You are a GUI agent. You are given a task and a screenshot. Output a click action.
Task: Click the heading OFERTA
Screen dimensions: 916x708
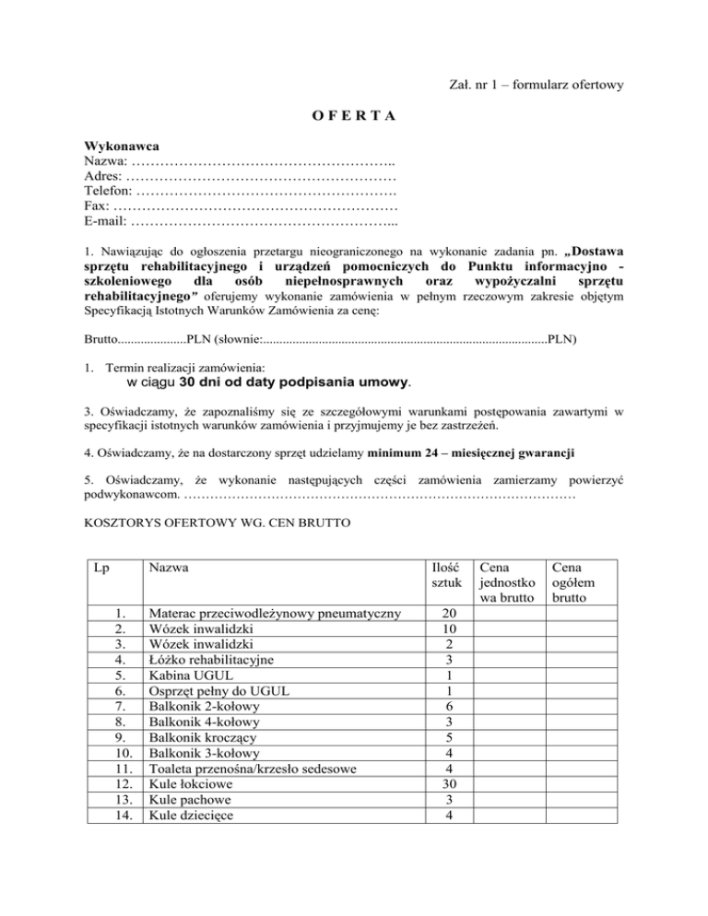pos(353,116)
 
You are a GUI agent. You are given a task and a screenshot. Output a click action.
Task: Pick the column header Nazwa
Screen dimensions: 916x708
pos(169,569)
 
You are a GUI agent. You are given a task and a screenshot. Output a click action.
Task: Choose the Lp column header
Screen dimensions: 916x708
pos(103,569)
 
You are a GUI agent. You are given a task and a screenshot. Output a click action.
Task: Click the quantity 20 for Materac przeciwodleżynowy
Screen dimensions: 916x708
pos(447,614)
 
